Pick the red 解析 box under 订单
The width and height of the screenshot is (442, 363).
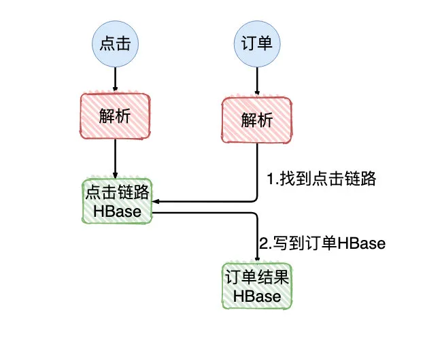[x=257, y=120]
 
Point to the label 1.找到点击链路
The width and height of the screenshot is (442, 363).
[x=321, y=180]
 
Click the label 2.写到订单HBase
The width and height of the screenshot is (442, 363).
[x=322, y=243]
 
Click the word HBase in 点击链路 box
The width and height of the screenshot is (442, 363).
[x=118, y=212]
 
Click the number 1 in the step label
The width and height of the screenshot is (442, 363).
[x=269, y=180]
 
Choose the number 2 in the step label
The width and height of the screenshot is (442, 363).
[x=264, y=243]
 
